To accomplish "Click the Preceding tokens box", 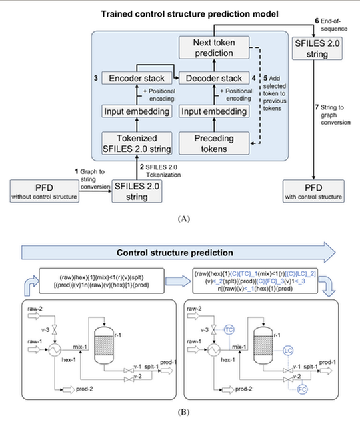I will (215, 141).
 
